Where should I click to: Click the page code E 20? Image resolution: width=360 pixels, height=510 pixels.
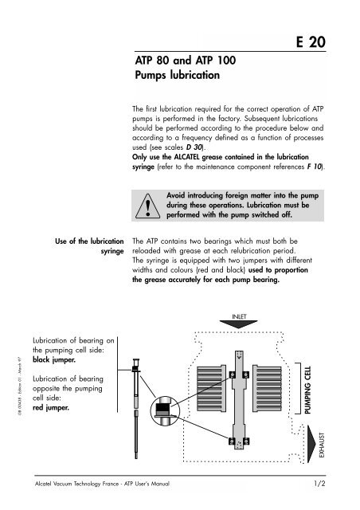[326, 44]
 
